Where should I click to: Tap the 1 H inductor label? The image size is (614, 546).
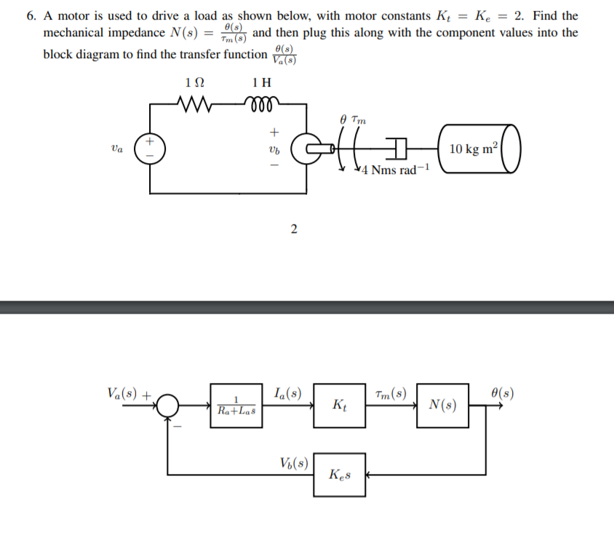260,82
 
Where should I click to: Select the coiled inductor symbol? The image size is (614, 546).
260,103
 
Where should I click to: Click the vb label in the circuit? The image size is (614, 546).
274,149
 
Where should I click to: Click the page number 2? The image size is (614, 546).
293,230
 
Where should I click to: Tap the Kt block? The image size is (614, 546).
339,404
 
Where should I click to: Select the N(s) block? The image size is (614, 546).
443,405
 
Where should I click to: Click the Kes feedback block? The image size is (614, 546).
339,475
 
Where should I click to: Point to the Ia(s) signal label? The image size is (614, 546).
289,394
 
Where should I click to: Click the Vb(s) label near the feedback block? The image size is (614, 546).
293,462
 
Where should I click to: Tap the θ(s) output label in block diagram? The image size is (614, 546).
503,394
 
